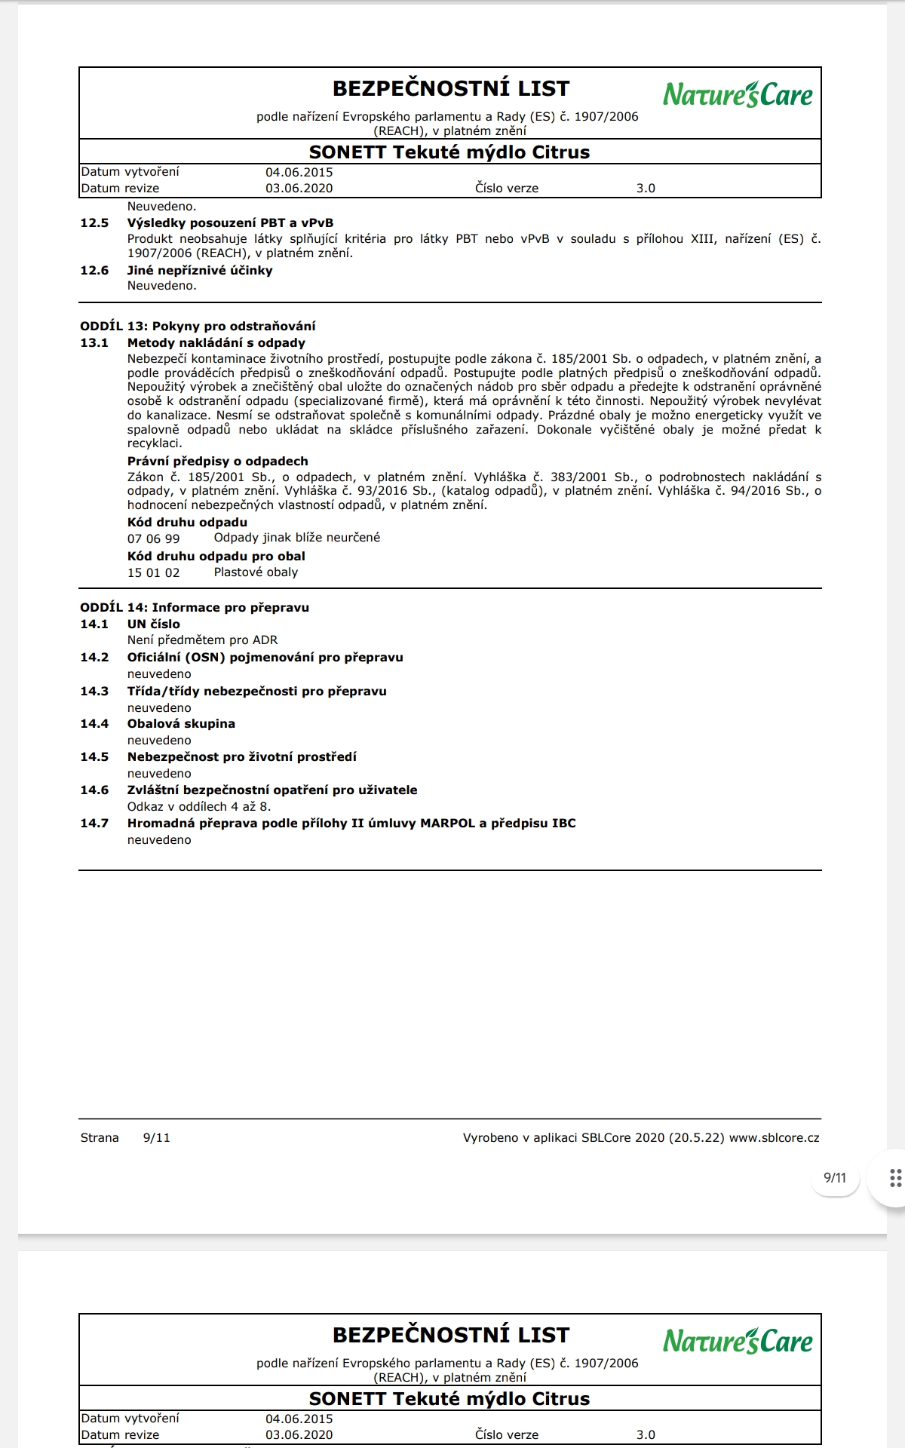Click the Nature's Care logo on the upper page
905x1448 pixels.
pyautogui.click(x=738, y=95)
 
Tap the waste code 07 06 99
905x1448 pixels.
pyautogui.click(x=154, y=538)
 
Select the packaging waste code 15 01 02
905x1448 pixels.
pyautogui.click(x=154, y=572)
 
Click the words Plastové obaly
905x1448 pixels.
pyautogui.click(x=256, y=572)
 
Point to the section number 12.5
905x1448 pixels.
pyautogui.click(x=94, y=223)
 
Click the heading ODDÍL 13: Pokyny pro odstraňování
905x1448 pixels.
pyautogui.click(x=198, y=326)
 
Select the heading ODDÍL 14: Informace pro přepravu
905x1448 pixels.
pyautogui.click(x=195, y=607)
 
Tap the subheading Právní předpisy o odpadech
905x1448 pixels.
pyautogui.click(x=217, y=461)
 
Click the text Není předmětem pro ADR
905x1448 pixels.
pyautogui.click(x=202, y=640)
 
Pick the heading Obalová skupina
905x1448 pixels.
pyautogui.click(x=181, y=723)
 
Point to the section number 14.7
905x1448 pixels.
pyautogui.click(x=94, y=823)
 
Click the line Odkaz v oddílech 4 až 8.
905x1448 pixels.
pyautogui.click(x=199, y=806)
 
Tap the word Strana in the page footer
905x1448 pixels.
pyautogui.click(x=100, y=1137)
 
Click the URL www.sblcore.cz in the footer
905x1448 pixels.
pyautogui.click(x=774, y=1137)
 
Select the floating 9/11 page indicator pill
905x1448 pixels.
pyautogui.click(x=835, y=1178)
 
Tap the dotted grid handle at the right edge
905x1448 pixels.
pyautogui.click(x=895, y=1178)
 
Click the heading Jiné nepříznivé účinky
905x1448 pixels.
pyautogui.click(x=200, y=270)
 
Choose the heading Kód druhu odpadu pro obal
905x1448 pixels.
pyautogui.click(x=216, y=556)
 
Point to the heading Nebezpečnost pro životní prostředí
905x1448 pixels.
pyautogui.click(x=241, y=756)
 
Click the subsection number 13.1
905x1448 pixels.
pyautogui.click(x=94, y=342)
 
